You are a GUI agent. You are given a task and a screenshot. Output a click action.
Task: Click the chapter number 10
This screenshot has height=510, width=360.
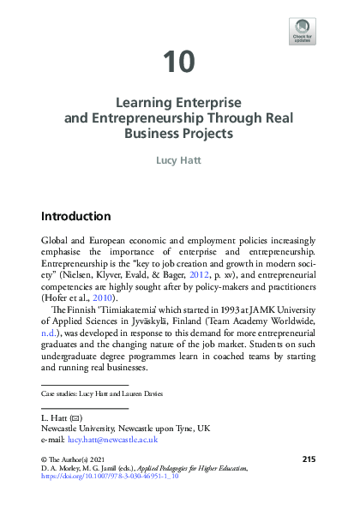point(180,62)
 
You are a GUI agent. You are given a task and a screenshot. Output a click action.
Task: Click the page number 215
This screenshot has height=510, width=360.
point(309,460)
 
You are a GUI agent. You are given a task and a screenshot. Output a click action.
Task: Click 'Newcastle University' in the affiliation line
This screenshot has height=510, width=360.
point(78,426)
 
